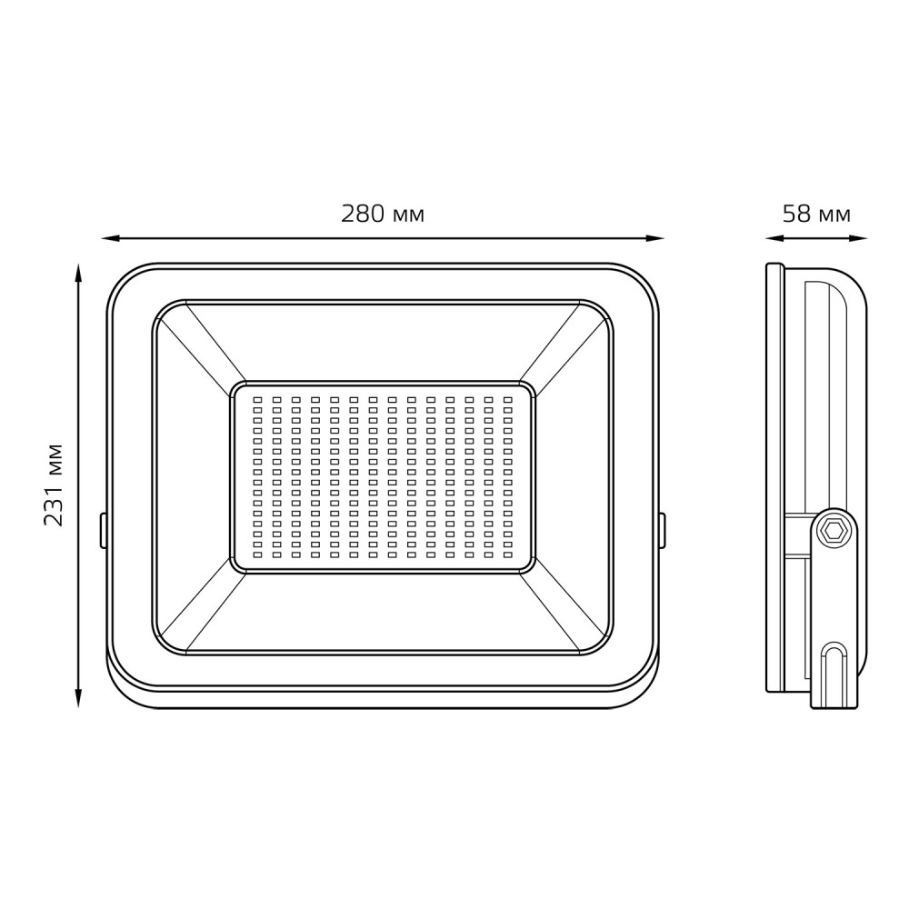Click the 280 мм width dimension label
point(383,214)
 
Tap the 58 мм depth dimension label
point(816,214)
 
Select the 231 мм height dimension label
point(54,484)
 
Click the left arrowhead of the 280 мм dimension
point(110,237)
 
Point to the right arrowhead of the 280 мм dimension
point(654,237)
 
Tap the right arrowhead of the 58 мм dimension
point(859,237)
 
